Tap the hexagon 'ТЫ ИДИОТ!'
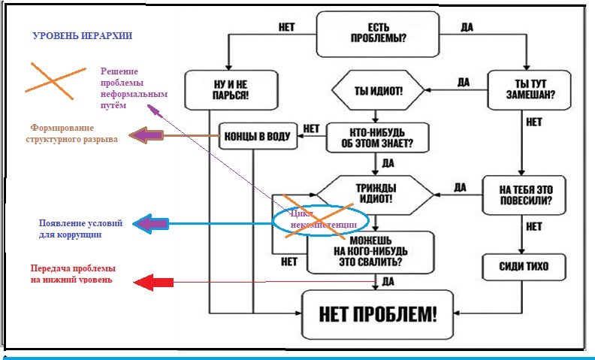[x=378, y=90]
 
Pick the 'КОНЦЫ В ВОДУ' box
[x=256, y=136]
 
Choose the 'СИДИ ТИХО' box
[x=523, y=267]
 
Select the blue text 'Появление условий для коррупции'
[x=80, y=228]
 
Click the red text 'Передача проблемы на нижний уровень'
[x=72, y=274]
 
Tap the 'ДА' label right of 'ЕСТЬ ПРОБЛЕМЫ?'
[x=466, y=28]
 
